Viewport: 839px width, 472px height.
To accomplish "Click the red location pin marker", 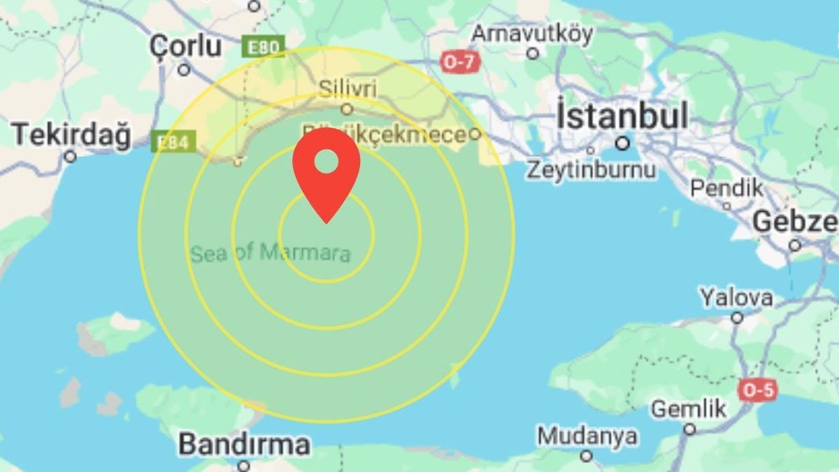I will [327, 168].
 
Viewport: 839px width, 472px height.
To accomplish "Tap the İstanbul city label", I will [622, 116].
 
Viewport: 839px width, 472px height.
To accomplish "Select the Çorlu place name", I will [186, 46].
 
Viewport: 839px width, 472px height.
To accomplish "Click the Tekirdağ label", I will [71, 134].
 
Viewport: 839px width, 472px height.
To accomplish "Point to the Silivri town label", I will [347, 89].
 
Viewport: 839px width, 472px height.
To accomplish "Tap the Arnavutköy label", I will [532, 33].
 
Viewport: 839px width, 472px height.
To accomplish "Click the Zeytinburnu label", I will [591, 169].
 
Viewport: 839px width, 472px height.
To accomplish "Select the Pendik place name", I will [726, 187].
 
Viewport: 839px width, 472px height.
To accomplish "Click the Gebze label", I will [796, 222].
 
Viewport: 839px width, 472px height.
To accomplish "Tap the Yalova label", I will [736, 297].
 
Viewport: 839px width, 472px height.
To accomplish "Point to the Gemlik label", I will [689, 408].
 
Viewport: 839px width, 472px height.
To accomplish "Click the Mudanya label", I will [587, 436].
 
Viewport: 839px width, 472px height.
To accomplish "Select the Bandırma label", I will [243, 444].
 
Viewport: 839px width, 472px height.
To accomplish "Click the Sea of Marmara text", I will [271, 252].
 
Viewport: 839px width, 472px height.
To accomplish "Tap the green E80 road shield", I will [264, 48].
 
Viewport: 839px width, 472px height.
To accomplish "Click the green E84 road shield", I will [171, 143].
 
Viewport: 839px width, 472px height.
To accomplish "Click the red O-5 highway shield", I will [758, 390].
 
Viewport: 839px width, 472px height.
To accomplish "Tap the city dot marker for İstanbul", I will [622, 143].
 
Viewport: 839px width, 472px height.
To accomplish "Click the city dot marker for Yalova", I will [736, 318].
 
